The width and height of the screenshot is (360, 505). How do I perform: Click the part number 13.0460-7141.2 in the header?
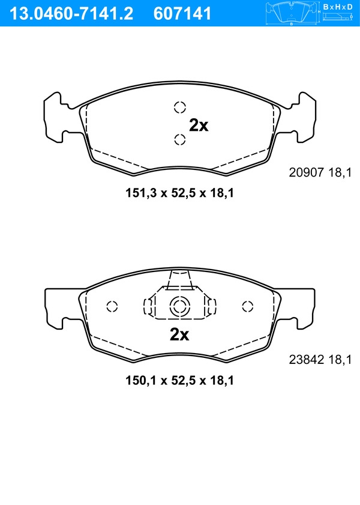tap(71, 14)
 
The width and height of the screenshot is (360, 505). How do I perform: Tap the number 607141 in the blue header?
tap(182, 14)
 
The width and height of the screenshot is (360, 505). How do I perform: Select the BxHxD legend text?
tap(338, 7)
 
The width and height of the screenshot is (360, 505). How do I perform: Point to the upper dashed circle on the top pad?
tap(180, 107)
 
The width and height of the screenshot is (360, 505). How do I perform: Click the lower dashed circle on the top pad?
tap(180, 139)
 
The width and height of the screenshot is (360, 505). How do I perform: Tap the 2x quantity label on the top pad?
tap(199, 125)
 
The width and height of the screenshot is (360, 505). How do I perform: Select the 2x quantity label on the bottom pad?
tap(179, 334)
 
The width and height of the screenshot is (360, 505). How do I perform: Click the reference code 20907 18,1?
tap(320, 173)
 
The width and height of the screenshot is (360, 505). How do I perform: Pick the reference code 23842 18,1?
tap(320, 360)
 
